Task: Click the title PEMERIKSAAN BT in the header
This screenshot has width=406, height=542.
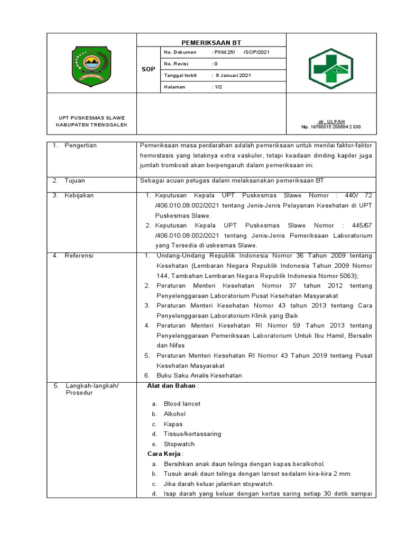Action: click(211, 42)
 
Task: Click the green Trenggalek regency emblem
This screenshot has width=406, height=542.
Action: click(91, 63)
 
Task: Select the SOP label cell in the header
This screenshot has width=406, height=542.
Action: click(149, 69)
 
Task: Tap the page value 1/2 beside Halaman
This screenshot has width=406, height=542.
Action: click(217, 87)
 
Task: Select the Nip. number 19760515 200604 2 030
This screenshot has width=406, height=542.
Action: click(331, 127)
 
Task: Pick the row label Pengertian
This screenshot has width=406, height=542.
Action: click(80, 146)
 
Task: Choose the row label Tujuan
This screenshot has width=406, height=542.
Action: click(75, 180)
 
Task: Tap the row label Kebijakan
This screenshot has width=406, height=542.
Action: click(79, 195)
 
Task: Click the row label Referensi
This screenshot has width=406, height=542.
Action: click(79, 256)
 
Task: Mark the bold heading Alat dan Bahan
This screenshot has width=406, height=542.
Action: click(172, 386)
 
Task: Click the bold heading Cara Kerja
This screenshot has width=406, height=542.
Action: click(164, 454)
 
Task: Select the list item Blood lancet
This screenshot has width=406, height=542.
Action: click(182, 404)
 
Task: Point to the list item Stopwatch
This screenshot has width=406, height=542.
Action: click(179, 444)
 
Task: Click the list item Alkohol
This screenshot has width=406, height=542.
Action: click(174, 414)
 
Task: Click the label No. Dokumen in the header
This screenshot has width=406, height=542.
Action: click(180, 52)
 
